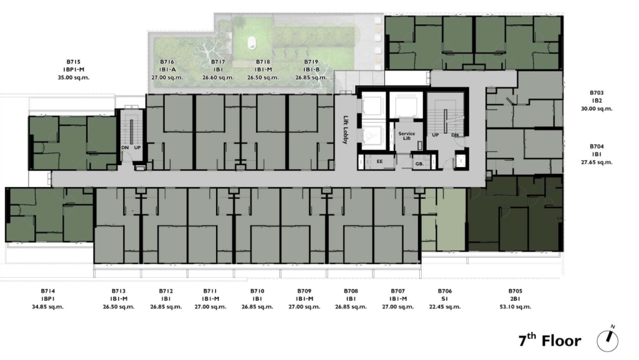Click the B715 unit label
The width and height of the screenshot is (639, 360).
point(74,62)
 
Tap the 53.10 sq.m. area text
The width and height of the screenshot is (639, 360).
point(515,306)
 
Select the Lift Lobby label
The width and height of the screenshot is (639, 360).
point(346,130)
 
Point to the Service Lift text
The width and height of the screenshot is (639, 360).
point(407,136)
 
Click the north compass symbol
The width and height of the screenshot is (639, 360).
point(608,339)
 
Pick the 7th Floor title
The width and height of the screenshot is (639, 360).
point(550,340)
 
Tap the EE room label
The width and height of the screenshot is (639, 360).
point(379,162)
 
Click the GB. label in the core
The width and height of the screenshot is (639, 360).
point(419,163)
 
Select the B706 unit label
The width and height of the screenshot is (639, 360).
point(444,291)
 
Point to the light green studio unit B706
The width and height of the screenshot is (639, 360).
point(444,219)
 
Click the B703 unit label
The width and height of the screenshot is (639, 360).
point(597,93)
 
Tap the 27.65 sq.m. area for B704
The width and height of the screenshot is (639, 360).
point(597,162)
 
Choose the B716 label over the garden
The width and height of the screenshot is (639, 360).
point(167,62)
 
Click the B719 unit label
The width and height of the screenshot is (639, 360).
point(311,62)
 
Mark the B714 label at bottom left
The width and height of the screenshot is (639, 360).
point(47,291)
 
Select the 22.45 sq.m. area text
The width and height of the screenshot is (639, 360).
point(444,306)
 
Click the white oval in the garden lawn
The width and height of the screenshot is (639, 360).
point(252,42)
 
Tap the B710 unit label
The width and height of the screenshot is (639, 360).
point(257,291)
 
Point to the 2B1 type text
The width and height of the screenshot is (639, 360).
point(515,299)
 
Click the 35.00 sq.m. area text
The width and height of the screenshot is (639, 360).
point(74,77)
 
